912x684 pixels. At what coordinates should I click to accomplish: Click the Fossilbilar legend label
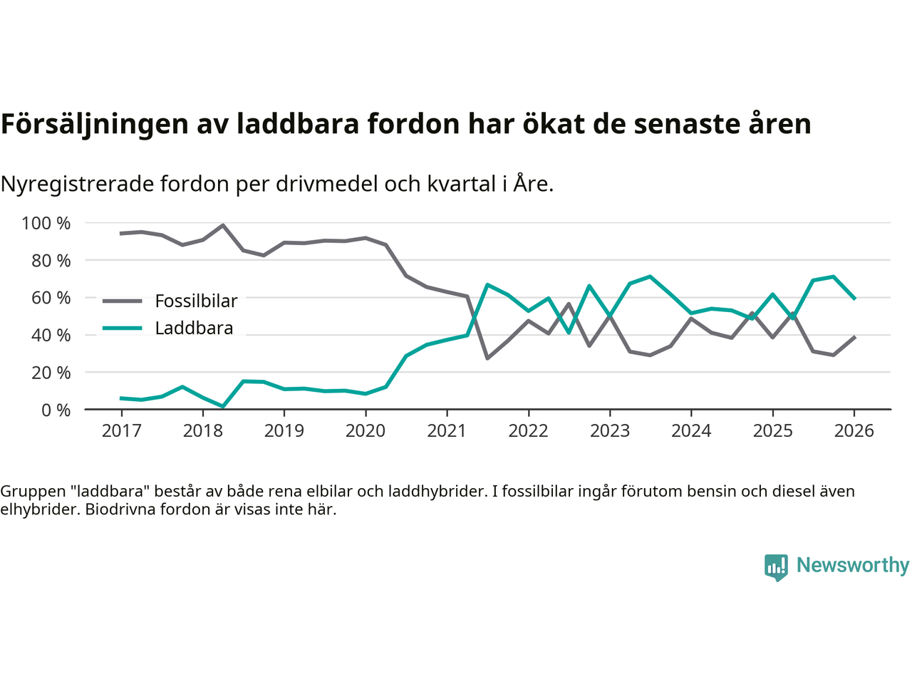tap(196, 301)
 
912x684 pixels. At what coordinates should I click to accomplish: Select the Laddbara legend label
tap(194, 328)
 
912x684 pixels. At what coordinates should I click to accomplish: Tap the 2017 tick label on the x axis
tap(121, 431)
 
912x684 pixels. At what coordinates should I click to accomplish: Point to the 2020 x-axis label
tap(366, 431)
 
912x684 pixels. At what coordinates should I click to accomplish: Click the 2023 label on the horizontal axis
tap(610, 431)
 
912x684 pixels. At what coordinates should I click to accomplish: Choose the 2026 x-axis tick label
tap(854, 431)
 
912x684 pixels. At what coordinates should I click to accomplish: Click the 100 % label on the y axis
tap(46, 223)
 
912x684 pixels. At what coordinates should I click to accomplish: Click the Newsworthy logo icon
tap(776, 567)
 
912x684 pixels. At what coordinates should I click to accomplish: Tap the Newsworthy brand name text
tap(852, 565)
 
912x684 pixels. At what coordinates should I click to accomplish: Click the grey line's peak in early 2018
tap(223, 225)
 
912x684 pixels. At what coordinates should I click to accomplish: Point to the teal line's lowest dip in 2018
tap(223, 407)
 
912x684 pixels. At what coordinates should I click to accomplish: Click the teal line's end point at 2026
tap(854, 299)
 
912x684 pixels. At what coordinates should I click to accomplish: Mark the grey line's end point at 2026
tap(854, 336)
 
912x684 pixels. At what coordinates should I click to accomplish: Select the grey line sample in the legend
tap(123, 301)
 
